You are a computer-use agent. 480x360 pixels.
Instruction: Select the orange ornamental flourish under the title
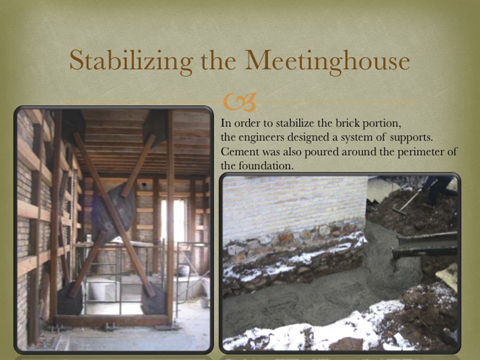239,102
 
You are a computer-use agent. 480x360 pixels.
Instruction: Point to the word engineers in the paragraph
261,138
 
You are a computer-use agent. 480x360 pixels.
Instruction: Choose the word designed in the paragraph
308,138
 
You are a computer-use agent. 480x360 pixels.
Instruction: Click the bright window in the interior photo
173,219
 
